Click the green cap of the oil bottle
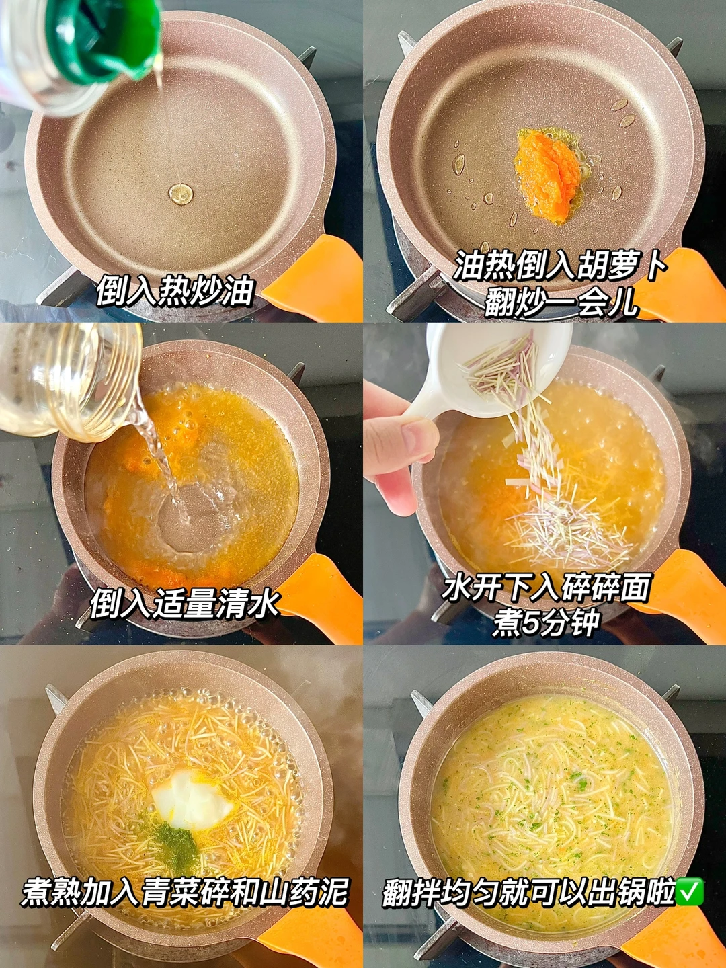106,40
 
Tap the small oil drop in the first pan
180,194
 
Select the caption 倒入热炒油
175,290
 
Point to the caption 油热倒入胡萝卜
560,266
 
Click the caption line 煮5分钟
546,623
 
